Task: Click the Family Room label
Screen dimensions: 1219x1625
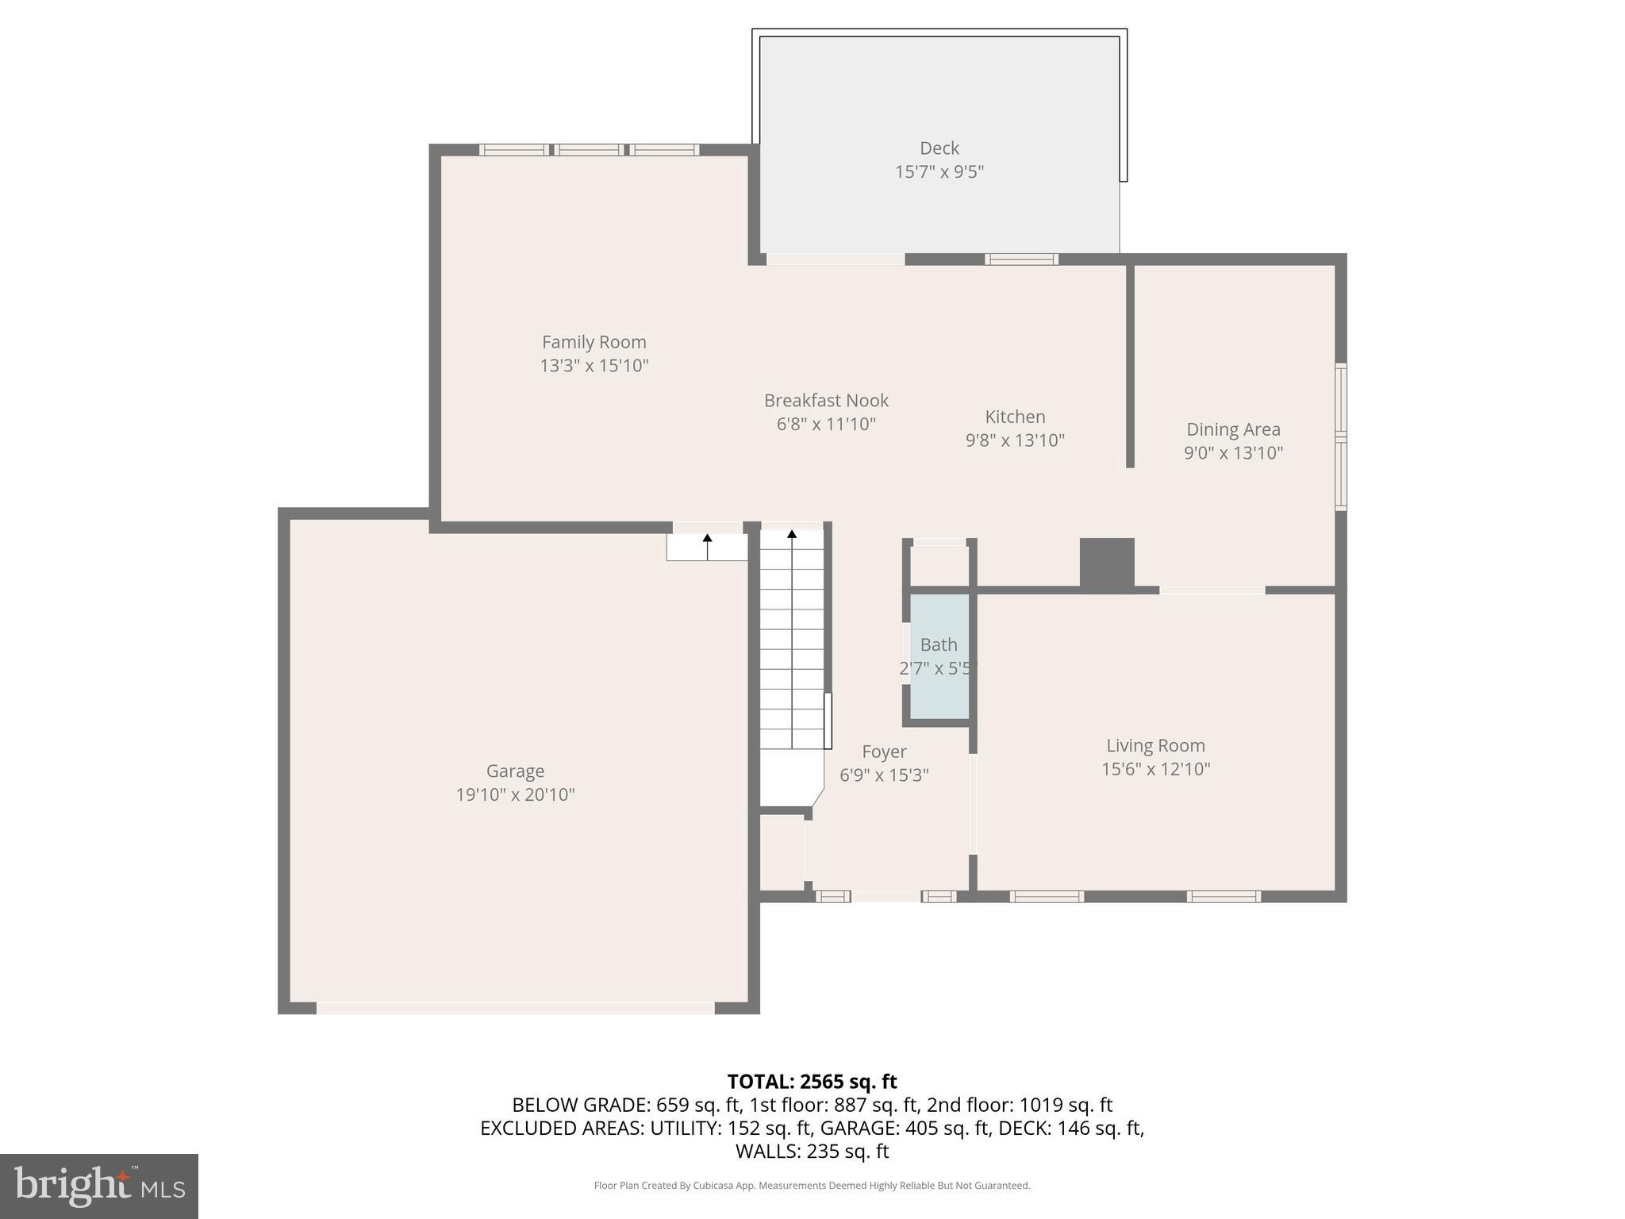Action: point(594,342)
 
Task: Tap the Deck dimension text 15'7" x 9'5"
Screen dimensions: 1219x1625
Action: point(939,171)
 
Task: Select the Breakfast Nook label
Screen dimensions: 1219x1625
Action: point(826,401)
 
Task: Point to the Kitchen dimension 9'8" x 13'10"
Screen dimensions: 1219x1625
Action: point(1015,440)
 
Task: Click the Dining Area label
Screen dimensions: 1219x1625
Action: point(1233,429)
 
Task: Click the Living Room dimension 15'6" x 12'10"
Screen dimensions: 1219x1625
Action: point(1155,769)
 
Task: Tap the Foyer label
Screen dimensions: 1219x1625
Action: point(884,752)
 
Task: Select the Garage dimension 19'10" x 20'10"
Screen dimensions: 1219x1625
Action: point(515,794)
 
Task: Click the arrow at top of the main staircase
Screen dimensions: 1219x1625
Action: point(792,535)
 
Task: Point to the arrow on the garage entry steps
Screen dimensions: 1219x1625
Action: point(707,539)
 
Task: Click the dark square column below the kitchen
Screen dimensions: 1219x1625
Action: point(1107,563)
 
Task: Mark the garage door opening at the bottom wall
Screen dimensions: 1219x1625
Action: point(516,1008)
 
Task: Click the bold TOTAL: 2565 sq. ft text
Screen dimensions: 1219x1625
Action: point(812,1082)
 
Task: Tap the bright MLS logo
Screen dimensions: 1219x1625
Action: point(99,1186)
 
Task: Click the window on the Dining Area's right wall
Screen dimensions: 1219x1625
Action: point(1340,436)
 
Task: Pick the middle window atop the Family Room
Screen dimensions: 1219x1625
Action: point(588,150)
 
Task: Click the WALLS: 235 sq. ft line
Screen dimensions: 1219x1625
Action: point(812,1151)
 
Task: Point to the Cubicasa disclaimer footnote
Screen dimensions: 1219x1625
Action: point(812,1186)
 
